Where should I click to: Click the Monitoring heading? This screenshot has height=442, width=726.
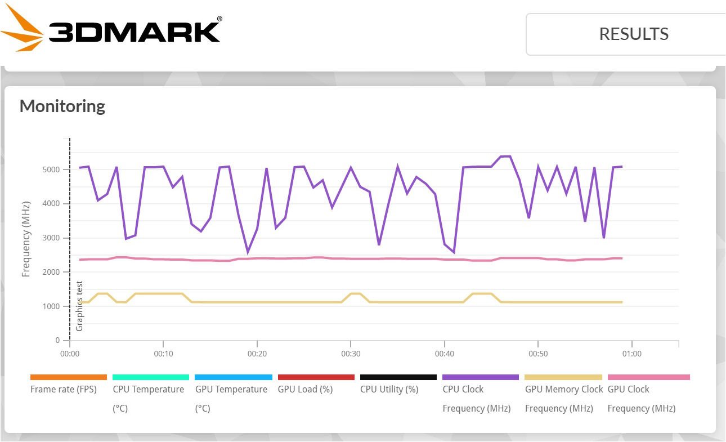pos(62,106)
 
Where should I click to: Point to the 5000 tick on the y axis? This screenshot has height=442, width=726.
pos(50,169)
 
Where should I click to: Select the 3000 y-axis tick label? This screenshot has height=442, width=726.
pos(50,238)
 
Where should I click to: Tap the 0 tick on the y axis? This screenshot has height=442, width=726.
pos(57,341)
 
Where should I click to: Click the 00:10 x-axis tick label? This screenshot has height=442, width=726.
pos(163,354)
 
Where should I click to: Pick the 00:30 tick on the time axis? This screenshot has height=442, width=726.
pos(351,354)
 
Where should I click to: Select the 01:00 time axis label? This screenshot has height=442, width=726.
pos(631,354)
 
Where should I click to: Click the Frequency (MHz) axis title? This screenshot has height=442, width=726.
pos(26,240)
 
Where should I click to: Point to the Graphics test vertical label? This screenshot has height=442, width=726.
pos(79,306)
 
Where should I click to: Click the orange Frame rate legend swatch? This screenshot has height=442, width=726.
pos(69,377)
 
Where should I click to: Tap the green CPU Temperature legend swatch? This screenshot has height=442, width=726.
pos(151,377)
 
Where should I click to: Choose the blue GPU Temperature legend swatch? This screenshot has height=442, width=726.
pos(234,377)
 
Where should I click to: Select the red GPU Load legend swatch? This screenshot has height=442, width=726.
pos(316,377)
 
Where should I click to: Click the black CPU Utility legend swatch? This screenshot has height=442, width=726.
pos(398,377)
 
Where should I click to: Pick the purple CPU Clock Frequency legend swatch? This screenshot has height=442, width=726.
pos(481,377)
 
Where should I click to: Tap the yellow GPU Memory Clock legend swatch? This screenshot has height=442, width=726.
pos(563,377)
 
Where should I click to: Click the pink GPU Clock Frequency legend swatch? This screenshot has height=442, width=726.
pos(648,377)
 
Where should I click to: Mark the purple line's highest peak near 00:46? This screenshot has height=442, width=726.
pos(505,156)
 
